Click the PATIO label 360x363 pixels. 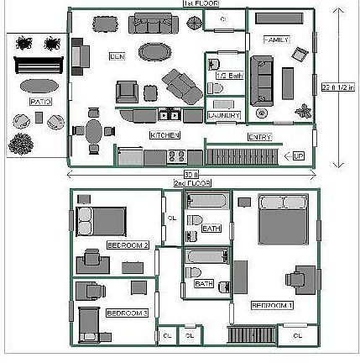tap(40, 102)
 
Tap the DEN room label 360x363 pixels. tap(117, 56)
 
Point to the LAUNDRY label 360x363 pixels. tap(223, 115)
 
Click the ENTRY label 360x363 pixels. tap(259, 137)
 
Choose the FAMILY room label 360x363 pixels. tap(276, 39)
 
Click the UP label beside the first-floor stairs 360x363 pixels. tap(298, 156)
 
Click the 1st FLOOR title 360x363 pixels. tap(196, 3)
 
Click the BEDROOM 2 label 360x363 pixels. tap(128, 245)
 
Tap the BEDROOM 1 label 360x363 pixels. tap(272, 305)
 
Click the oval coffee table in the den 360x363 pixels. tap(153, 52)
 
